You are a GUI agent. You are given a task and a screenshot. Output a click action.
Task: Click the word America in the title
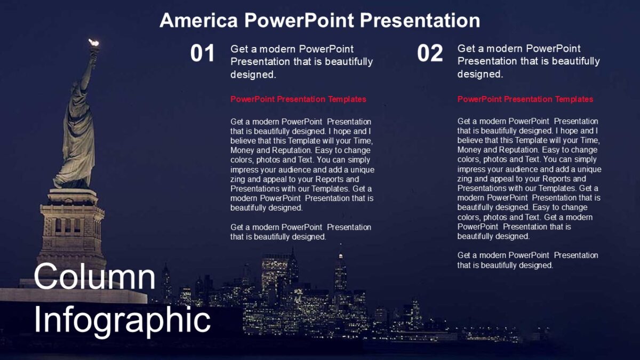click(198, 21)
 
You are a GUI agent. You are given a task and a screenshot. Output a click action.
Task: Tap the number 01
click(203, 54)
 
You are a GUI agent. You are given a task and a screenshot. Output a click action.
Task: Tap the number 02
click(430, 54)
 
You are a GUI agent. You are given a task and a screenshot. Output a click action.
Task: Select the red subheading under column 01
click(298, 99)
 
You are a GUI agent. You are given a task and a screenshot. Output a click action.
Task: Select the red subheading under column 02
click(525, 99)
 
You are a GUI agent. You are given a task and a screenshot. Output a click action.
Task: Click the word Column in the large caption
click(95, 277)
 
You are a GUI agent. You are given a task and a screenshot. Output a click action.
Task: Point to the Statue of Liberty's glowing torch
click(94, 43)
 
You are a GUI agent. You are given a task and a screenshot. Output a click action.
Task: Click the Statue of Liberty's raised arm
click(89, 69)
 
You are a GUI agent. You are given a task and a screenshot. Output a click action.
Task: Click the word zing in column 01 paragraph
click(238, 179)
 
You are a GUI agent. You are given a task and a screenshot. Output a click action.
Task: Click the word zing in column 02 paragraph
click(465, 179)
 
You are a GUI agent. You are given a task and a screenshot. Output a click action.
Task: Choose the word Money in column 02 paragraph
click(469, 150)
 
